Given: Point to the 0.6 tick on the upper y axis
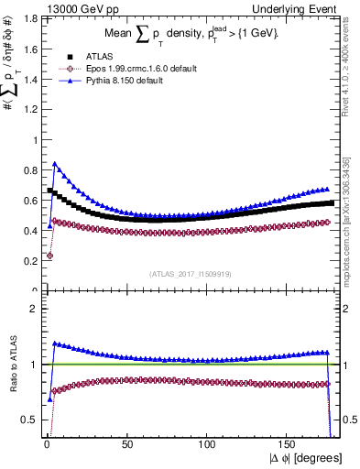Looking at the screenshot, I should [x=30, y=201].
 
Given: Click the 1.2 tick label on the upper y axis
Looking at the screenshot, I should [x=30, y=109].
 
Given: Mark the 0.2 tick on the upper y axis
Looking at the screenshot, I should [x=30, y=261].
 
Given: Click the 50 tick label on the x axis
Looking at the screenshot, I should [x=125, y=445].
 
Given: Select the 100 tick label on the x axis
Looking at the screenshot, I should [x=207, y=445].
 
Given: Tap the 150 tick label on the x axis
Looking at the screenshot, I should [x=288, y=445].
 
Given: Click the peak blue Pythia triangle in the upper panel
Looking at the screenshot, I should [x=55, y=164].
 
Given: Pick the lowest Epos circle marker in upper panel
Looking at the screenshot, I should [x=49, y=256].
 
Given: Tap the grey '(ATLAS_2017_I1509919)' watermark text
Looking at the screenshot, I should [x=190, y=272].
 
